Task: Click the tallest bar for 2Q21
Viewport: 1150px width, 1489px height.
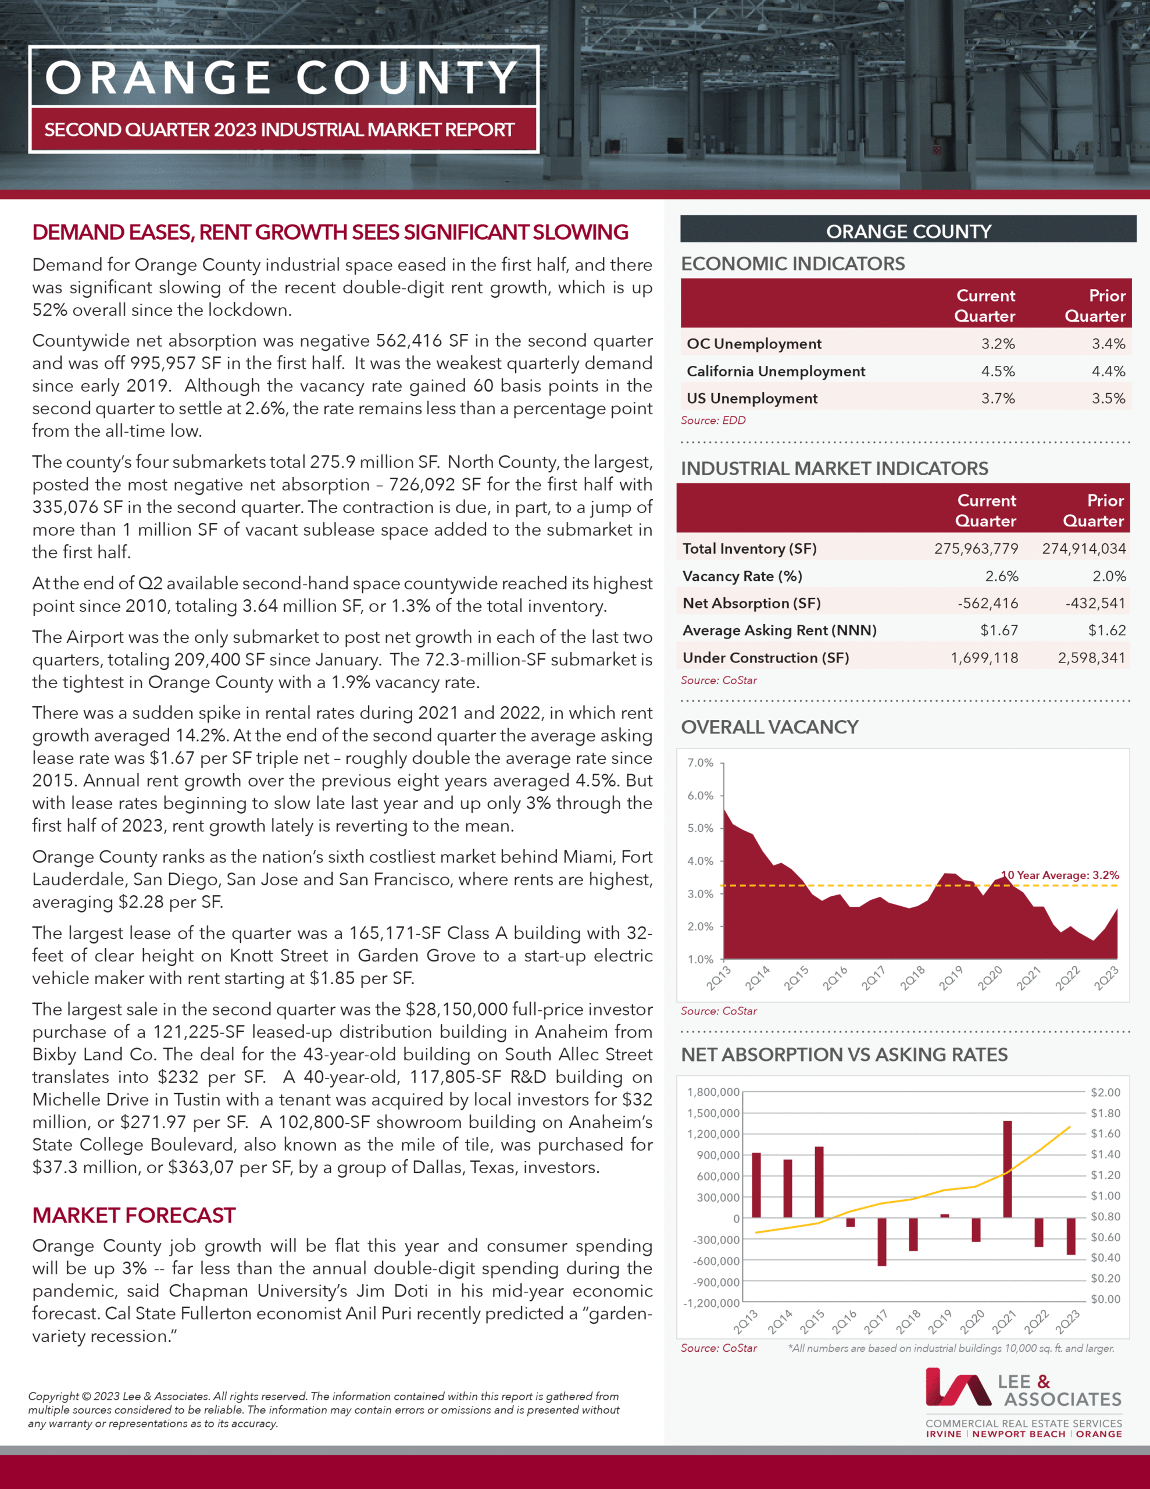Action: pyautogui.click(x=1007, y=1169)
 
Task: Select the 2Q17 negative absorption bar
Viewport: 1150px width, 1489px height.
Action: pyautogui.click(x=881, y=1242)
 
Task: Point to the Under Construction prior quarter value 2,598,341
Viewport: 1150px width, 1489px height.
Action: pyautogui.click(x=1091, y=658)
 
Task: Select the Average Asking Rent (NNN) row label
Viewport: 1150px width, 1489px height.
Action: pyautogui.click(x=779, y=630)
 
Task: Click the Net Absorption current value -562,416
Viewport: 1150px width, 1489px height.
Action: pyautogui.click(x=987, y=603)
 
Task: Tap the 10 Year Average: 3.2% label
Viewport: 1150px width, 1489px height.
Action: pyautogui.click(x=1060, y=875)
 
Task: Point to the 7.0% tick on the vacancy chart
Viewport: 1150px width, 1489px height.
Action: pyautogui.click(x=700, y=762)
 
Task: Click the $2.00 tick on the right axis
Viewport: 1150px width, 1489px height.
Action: pyautogui.click(x=1105, y=1092)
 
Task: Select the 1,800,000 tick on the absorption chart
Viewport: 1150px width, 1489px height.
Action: pyautogui.click(x=713, y=1092)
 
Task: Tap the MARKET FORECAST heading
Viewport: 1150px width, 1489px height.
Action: pyautogui.click(x=134, y=1215)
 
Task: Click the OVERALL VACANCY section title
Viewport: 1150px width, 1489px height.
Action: pyautogui.click(x=770, y=727)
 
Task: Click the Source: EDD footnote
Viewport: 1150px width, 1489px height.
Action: pyautogui.click(x=713, y=420)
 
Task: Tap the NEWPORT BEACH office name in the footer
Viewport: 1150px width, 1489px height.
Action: pyautogui.click(x=1019, y=1434)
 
